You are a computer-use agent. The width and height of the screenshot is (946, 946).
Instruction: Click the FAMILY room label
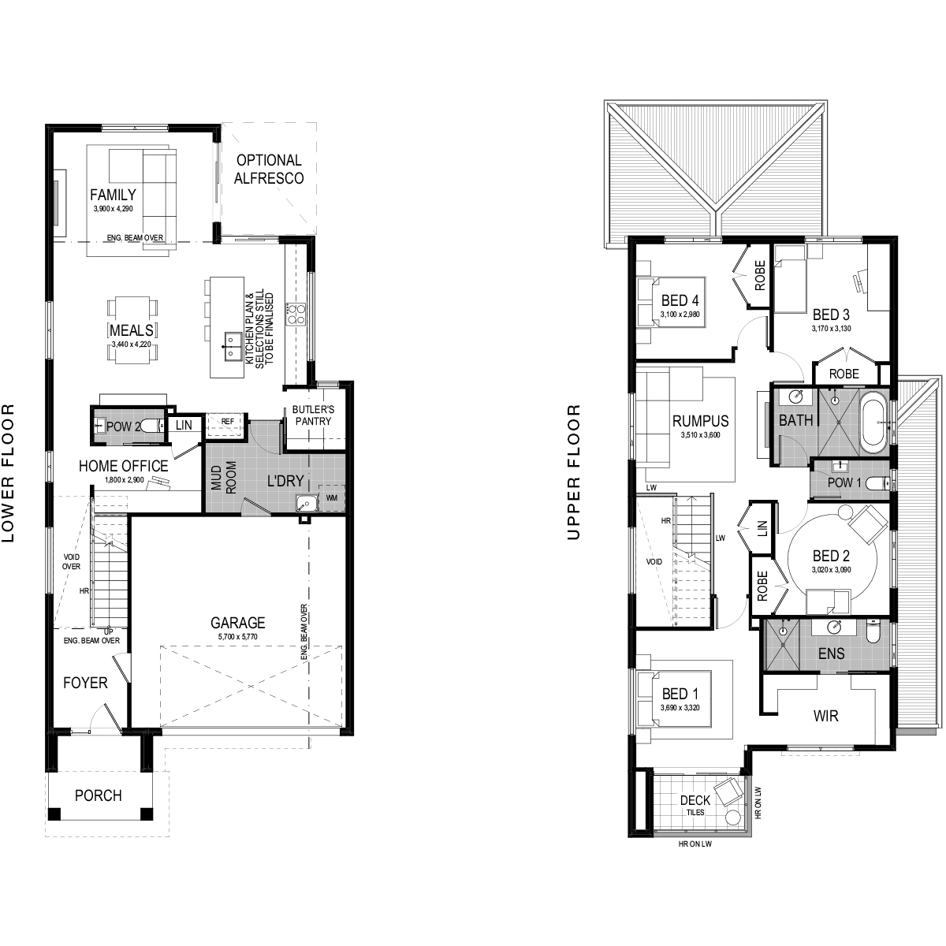coord(113,195)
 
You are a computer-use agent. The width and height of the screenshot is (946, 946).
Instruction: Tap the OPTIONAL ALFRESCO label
coord(269,169)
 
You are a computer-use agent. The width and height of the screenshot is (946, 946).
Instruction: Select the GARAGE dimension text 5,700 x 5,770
coord(237,637)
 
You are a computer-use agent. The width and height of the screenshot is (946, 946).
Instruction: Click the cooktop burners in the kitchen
coord(296,314)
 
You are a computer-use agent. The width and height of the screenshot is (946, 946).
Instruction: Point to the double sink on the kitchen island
coord(229,346)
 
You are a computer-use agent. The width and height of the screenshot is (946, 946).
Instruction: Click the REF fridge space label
coord(228,421)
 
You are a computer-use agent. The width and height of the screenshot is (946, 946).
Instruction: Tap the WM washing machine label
coord(332,497)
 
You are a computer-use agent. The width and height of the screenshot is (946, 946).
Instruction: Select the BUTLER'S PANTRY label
coord(313,415)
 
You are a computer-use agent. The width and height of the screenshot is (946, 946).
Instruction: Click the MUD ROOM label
coord(224,477)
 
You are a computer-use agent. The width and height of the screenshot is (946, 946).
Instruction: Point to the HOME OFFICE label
coord(124,466)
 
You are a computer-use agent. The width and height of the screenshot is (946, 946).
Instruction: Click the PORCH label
coord(99,795)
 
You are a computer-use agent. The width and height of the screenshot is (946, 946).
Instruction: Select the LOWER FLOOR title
coord(9,473)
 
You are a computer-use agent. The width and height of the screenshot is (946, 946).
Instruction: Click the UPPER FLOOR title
coord(573,472)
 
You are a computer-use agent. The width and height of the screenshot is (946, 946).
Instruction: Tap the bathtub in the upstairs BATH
coord(873,423)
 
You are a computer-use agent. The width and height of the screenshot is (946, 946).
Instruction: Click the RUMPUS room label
coord(701,421)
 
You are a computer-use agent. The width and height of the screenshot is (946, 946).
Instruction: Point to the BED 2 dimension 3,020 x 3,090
coord(831,570)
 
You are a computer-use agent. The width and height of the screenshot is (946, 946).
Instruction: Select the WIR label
coord(825,717)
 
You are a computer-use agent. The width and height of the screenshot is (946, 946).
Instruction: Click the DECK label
coord(695,801)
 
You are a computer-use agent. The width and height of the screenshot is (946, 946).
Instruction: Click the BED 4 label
coord(680,300)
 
